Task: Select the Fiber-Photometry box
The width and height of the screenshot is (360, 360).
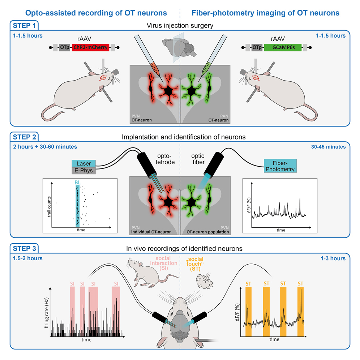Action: click(280, 166)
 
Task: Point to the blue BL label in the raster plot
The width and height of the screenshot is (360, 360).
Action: click(77, 183)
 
